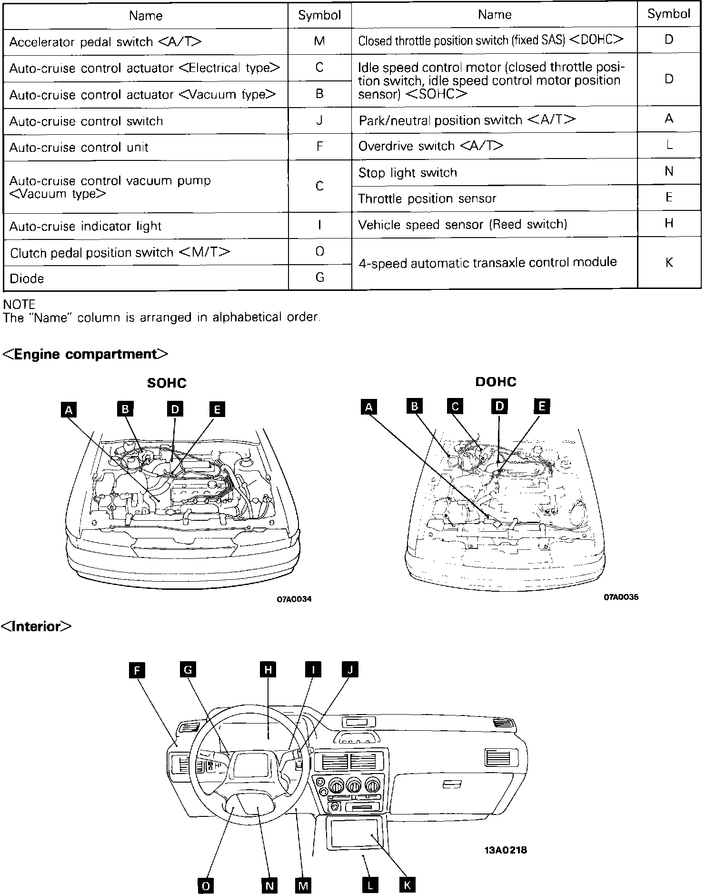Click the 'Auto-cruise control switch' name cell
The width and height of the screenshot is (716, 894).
click(x=86, y=121)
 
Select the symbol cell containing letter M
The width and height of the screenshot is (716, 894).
click(x=319, y=41)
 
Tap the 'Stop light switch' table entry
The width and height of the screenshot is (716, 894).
click(x=408, y=172)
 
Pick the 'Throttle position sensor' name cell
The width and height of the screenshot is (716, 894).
click(x=427, y=199)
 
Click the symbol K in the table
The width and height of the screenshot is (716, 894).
click(x=669, y=262)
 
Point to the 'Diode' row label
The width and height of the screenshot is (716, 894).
click(x=27, y=278)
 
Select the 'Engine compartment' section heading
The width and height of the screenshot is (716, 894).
click(x=86, y=354)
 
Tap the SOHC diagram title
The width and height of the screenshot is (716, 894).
click(x=167, y=383)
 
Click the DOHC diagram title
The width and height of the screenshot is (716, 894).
click(x=496, y=381)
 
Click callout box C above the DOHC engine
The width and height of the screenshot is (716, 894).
click(x=455, y=407)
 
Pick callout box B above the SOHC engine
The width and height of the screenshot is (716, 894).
click(x=125, y=409)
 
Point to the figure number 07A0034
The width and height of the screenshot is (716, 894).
click(x=294, y=599)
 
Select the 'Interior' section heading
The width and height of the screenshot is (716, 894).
click(x=37, y=626)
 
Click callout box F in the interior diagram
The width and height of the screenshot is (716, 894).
click(x=137, y=671)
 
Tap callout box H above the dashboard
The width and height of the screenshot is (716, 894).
click(x=268, y=670)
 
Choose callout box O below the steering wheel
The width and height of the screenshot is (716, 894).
click(x=206, y=885)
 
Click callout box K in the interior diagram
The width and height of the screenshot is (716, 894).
click(x=407, y=885)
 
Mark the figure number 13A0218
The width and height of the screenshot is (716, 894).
click(x=506, y=850)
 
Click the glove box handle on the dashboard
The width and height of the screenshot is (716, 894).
click(x=452, y=784)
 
